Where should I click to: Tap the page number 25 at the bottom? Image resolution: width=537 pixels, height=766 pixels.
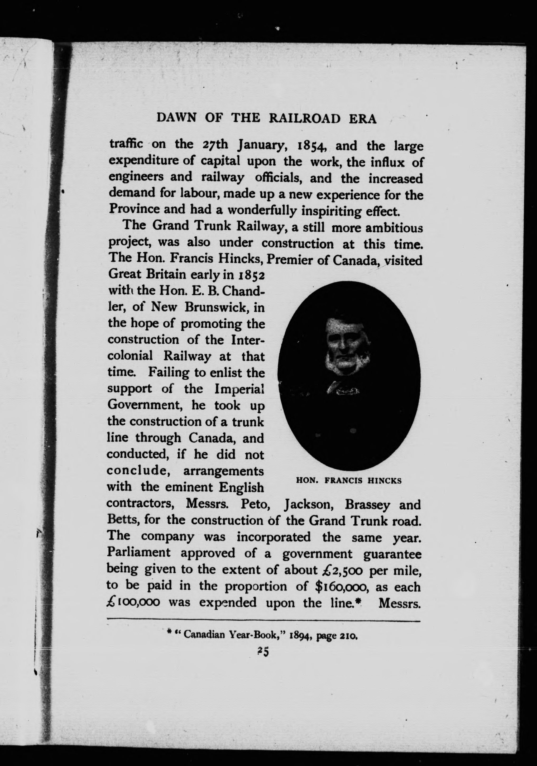(x=263, y=652)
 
